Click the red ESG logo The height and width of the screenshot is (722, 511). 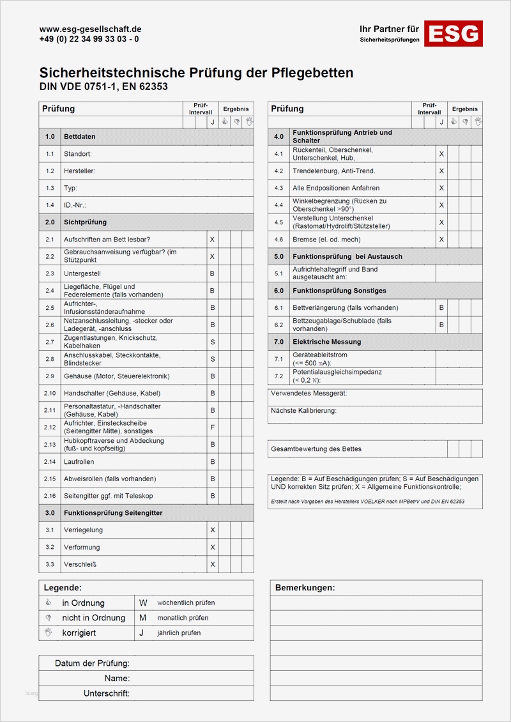(454, 33)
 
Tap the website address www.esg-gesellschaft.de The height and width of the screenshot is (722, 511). (90, 29)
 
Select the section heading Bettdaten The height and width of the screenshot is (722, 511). (80, 137)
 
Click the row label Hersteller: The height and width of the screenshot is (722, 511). (80, 171)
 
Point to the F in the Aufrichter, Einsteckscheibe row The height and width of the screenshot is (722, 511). (213, 427)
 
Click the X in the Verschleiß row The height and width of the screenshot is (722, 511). (213, 564)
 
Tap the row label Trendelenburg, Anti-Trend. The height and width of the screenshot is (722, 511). (334, 171)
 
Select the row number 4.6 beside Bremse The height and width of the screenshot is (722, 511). (278, 240)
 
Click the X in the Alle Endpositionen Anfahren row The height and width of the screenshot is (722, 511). (441, 188)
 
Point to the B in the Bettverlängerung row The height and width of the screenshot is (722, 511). (441, 308)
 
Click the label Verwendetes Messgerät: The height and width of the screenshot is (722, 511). (309, 394)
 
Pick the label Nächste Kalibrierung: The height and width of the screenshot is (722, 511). (303, 411)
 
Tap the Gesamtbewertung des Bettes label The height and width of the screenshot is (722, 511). (316, 449)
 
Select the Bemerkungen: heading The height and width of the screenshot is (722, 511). (305, 588)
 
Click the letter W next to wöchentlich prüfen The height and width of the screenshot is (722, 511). (143, 603)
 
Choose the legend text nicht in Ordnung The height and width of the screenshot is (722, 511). (93, 618)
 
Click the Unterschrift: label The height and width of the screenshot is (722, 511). (107, 693)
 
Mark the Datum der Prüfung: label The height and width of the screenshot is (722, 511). (92, 663)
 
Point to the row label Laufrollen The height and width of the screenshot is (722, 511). (79, 461)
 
